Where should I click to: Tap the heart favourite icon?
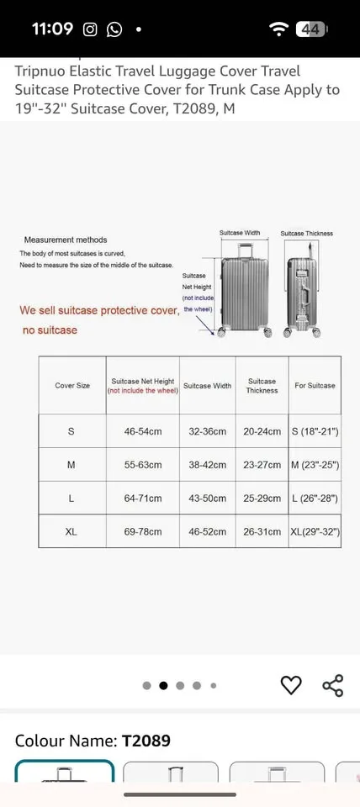click(x=290, y=685)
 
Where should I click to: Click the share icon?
click(x=333, y=685)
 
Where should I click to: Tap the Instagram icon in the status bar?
click(x=90, y=29)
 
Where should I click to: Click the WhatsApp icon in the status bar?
click(x=114, y=29)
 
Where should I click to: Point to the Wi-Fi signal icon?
click(x=278, y=29)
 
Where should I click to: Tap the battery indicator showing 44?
click(x=310, y=29)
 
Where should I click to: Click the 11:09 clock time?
click(x=52, y=29)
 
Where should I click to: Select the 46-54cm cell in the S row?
click(x=143, y=431)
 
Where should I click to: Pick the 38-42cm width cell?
click(x=207, y=465)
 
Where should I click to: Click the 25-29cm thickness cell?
click(x=262, y=498)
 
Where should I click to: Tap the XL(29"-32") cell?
click(x=315, y=532)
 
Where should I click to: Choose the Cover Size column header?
click(x=72, y=386)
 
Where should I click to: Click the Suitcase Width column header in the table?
click(x=207, y=386)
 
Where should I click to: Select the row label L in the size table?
click(x=71, y=498)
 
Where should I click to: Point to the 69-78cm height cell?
click(x=143, y=532)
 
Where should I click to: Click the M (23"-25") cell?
click(x=315, y=465)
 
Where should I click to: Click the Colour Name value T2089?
click(x=146, y=741)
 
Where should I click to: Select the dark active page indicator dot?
click(x=163, y=685)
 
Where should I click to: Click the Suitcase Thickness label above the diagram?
click(x=307, y=234)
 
